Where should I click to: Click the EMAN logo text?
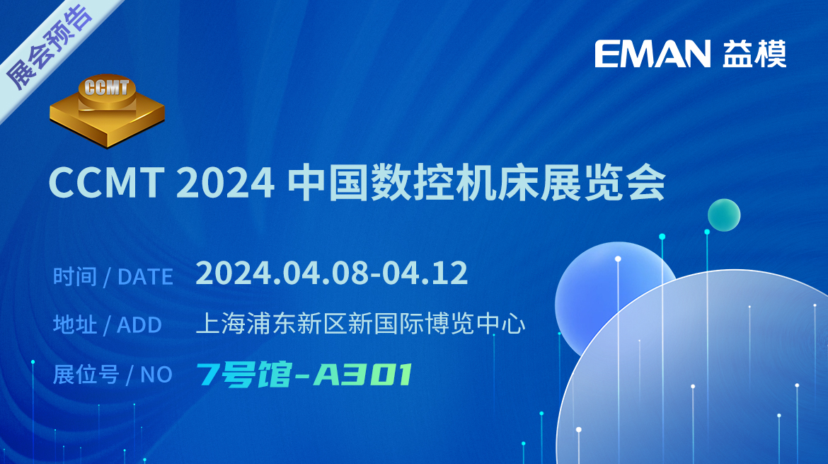pyautogui.click(x=652, y=54)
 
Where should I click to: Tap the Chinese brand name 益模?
pyautogui.click(x=754, y=54)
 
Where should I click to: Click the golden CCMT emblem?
pyautogui.click(x=107, y=111)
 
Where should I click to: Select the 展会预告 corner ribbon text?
pyautogui.click(x=48, y=46)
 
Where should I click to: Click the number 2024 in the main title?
pyautogui.click(x=225, y=182)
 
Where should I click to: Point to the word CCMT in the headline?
pyautogui.click(x=105, y=182)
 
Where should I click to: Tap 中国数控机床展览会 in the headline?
pyautogui.click(x=476, y=182)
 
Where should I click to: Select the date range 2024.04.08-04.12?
pyautogui.click(x=332, y=273)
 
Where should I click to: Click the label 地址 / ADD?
pyautogui.click(x=107, y=324)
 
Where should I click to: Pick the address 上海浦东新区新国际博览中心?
pyautogui.click(x=360, y=324)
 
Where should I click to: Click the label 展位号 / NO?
pyautogui.click(x=113, y=374)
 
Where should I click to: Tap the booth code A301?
pyautogui.click(x=363, y=375)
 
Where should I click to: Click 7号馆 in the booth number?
pyautogui.click(x=243, y=375)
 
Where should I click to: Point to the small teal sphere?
pyautogui.click(x=724, y=215)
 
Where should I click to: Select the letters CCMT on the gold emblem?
pyautogui.click(x=107, y=87)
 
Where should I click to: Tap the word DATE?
pyautogui.click(x=145, y=277)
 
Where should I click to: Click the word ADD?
pyautogui.click(x=139, y=325)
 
